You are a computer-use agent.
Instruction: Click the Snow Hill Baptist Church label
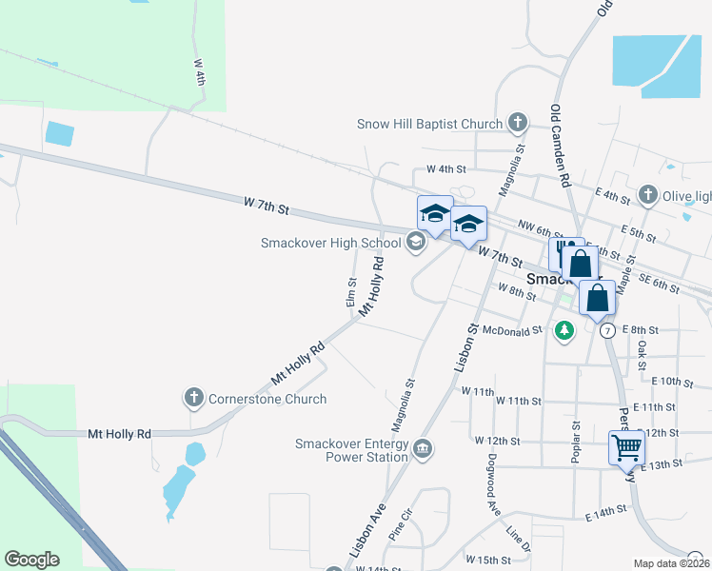[x=429, y=124]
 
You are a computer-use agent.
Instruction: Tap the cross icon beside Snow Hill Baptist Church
[x=517, y=122]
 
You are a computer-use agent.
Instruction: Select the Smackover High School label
[x=330, y=243]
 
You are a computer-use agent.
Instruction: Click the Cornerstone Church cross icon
[x=194, y=396]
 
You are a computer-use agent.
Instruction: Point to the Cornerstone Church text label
[x=267, y=400]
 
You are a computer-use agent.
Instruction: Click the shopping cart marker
[x=626, y=446]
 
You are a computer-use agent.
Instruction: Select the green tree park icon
[x=565, y=330]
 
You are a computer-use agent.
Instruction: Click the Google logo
[x=31, y=560]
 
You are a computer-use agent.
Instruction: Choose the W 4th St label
[x=446, y=168]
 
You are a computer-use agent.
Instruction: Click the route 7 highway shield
[x=607, y=329]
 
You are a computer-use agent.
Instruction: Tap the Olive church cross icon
[x=648, y=195]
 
